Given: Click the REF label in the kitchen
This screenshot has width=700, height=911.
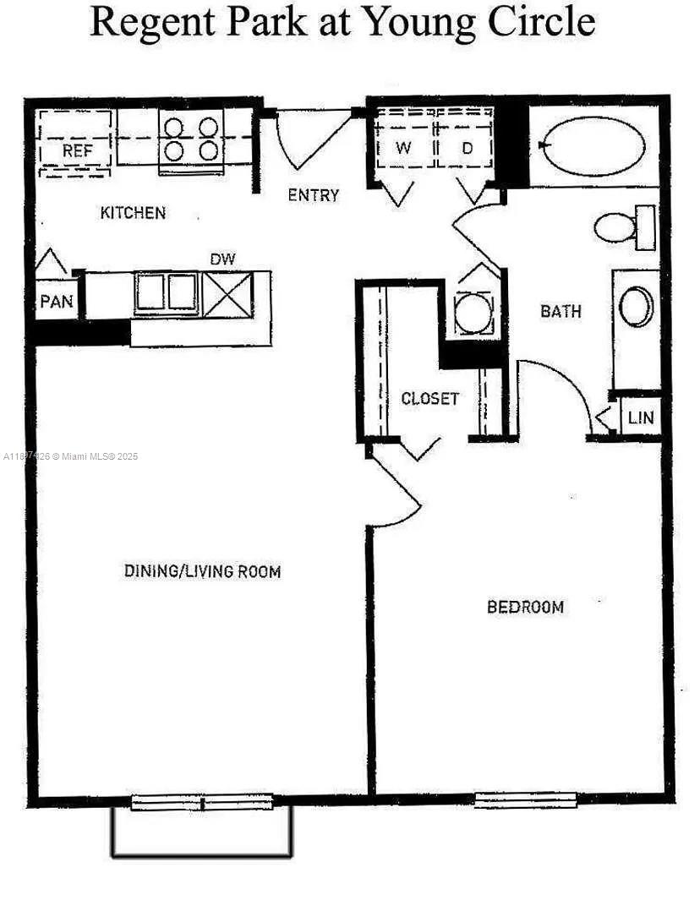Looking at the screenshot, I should [76, 151].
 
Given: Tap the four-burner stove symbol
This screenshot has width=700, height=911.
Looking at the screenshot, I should [190, 139].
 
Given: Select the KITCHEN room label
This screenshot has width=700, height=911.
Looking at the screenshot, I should [133, 213].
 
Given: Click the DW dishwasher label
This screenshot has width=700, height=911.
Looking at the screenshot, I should [222, 259].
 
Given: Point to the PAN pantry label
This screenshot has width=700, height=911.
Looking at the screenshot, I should [57, 301].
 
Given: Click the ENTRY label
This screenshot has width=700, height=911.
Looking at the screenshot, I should [313, 195].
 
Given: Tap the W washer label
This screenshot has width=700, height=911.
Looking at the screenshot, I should [404, 148].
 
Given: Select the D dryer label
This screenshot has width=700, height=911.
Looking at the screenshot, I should [467, 148].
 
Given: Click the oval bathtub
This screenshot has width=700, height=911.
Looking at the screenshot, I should [593, 145].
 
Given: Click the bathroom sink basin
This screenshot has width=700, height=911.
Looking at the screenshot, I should [637, 306].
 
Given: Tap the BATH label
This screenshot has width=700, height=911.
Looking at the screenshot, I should [561, 311].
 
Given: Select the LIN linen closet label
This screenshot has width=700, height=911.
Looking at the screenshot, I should [640, 417].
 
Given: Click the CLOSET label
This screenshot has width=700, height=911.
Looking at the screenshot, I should [429, 398].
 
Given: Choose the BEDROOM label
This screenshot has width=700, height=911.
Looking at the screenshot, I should [525, 607].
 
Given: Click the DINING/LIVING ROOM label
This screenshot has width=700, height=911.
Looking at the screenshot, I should [202, 571].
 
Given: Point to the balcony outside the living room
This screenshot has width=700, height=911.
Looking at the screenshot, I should [202, 832].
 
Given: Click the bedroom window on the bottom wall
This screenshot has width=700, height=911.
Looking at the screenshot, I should [525, 799].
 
